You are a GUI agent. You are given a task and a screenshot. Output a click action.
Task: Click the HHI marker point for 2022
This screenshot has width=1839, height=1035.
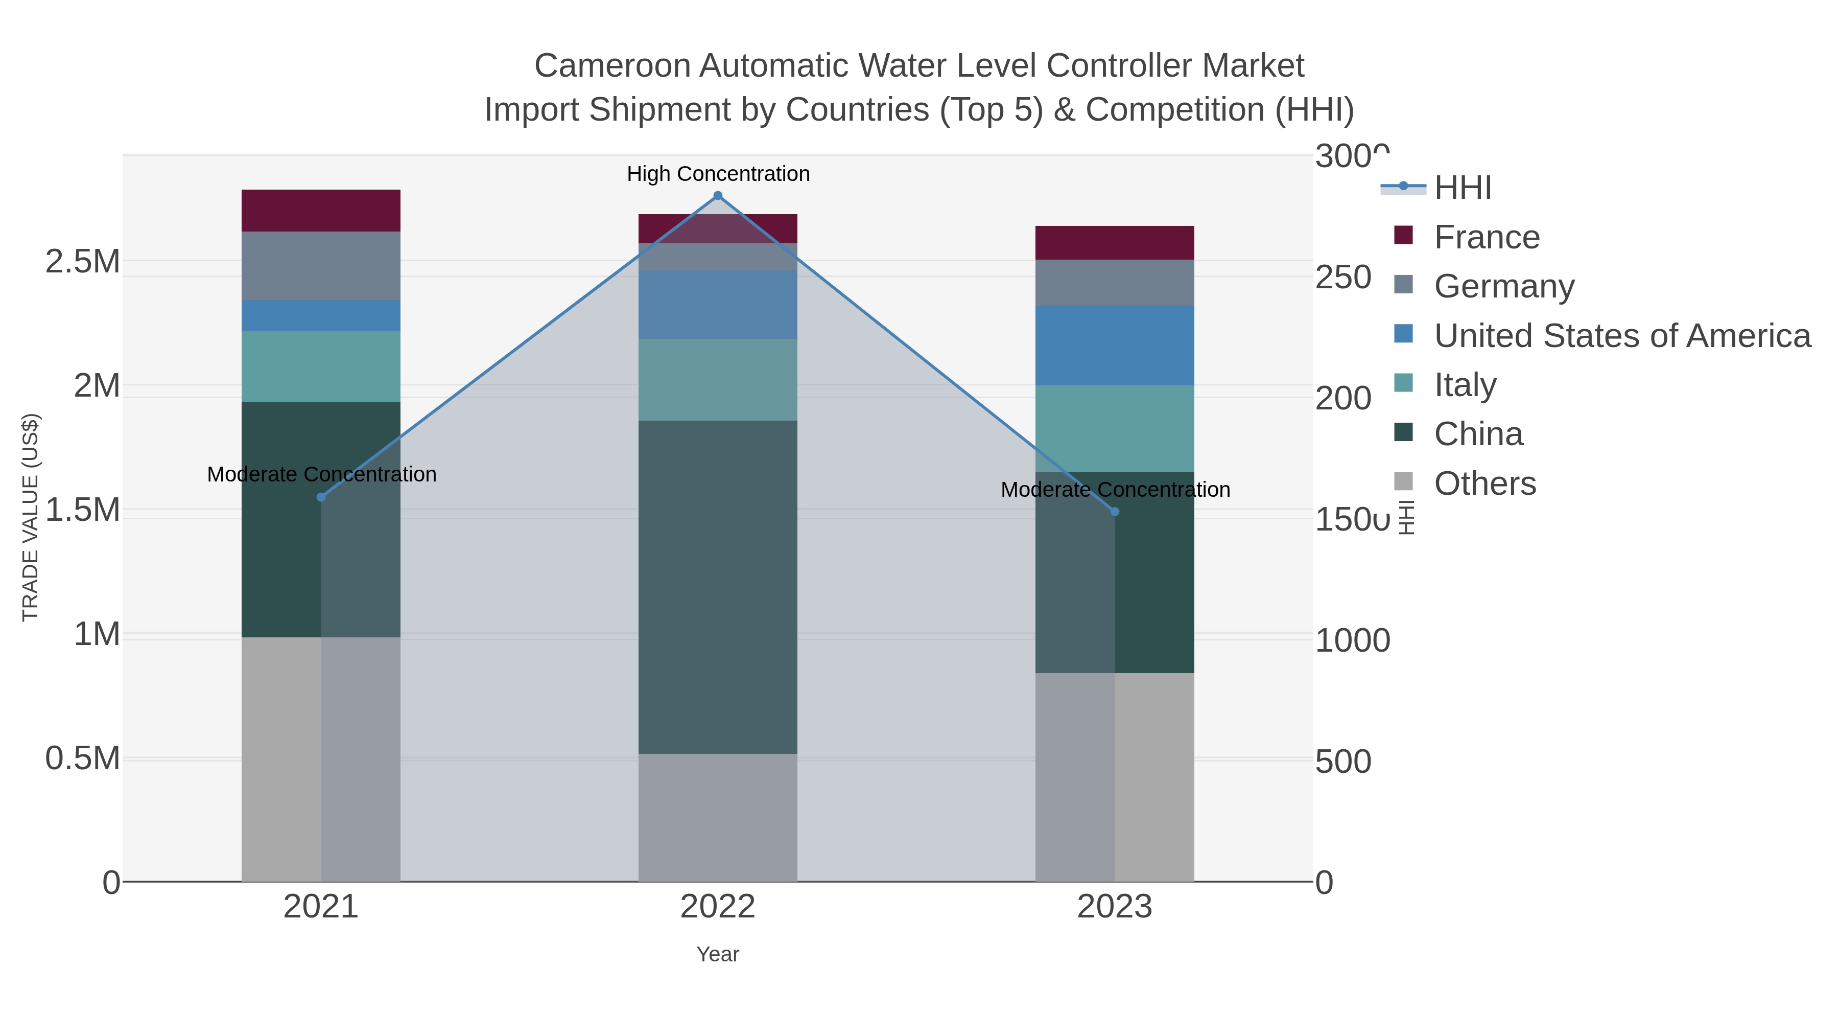(718, 196)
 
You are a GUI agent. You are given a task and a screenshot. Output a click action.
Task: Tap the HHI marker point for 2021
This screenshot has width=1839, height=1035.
(320, 497)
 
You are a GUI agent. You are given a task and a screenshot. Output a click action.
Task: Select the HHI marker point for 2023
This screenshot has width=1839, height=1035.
(1115, 512)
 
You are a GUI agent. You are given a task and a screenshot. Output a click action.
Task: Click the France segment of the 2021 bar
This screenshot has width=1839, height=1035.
(320, 211)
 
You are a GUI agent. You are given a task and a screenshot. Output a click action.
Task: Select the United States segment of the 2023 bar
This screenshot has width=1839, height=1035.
(1115, 346)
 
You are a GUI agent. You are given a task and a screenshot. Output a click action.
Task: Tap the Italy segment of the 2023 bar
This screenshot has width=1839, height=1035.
(1115, 429)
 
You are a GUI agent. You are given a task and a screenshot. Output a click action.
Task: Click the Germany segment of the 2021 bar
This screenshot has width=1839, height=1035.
(320, 266)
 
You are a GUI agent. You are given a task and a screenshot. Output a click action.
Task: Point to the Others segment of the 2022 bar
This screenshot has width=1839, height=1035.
(718, 817)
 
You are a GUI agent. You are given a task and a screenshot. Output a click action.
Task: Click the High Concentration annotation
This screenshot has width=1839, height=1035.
(718, 174)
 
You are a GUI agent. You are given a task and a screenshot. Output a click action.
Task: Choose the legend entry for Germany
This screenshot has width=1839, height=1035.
(1503, 286)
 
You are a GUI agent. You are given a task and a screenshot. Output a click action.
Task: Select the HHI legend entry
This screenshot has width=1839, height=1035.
(1462, 188)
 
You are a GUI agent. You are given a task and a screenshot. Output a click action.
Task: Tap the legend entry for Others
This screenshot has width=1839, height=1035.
(1484, 484)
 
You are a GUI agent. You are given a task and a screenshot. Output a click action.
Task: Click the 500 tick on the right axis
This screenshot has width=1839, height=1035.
(1342, 762)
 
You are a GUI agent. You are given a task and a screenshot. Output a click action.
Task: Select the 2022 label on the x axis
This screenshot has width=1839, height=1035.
(718, 908)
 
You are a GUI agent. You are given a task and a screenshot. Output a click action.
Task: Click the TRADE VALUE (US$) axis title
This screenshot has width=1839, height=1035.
(31, 517)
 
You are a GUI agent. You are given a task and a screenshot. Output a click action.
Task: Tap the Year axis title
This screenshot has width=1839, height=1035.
(718, 954)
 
